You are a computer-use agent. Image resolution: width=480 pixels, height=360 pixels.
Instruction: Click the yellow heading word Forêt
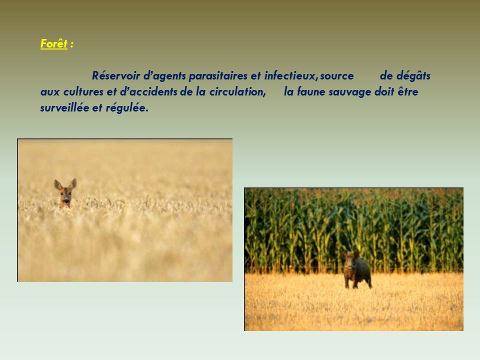pos(53,44)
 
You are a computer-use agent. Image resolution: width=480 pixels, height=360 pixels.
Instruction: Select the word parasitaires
pos(218,76)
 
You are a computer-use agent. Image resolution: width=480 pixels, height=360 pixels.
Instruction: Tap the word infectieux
pos(289,75)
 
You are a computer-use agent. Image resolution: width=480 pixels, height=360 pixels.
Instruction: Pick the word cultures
pos(83,92)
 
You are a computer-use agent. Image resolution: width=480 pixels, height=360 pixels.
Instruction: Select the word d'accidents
pos(148,92)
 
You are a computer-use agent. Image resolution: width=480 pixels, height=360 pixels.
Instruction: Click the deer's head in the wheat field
pos(65,193)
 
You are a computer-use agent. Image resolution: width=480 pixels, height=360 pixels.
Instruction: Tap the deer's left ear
pos(73,183)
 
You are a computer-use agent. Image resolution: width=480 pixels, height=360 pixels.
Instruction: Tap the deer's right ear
pos(58,184)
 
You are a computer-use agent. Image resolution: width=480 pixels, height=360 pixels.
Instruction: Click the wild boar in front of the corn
pos(356,269)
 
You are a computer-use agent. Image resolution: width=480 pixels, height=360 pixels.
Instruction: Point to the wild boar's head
pos(349,261)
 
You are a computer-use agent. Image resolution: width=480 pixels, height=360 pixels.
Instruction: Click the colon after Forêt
pos(71,44)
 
